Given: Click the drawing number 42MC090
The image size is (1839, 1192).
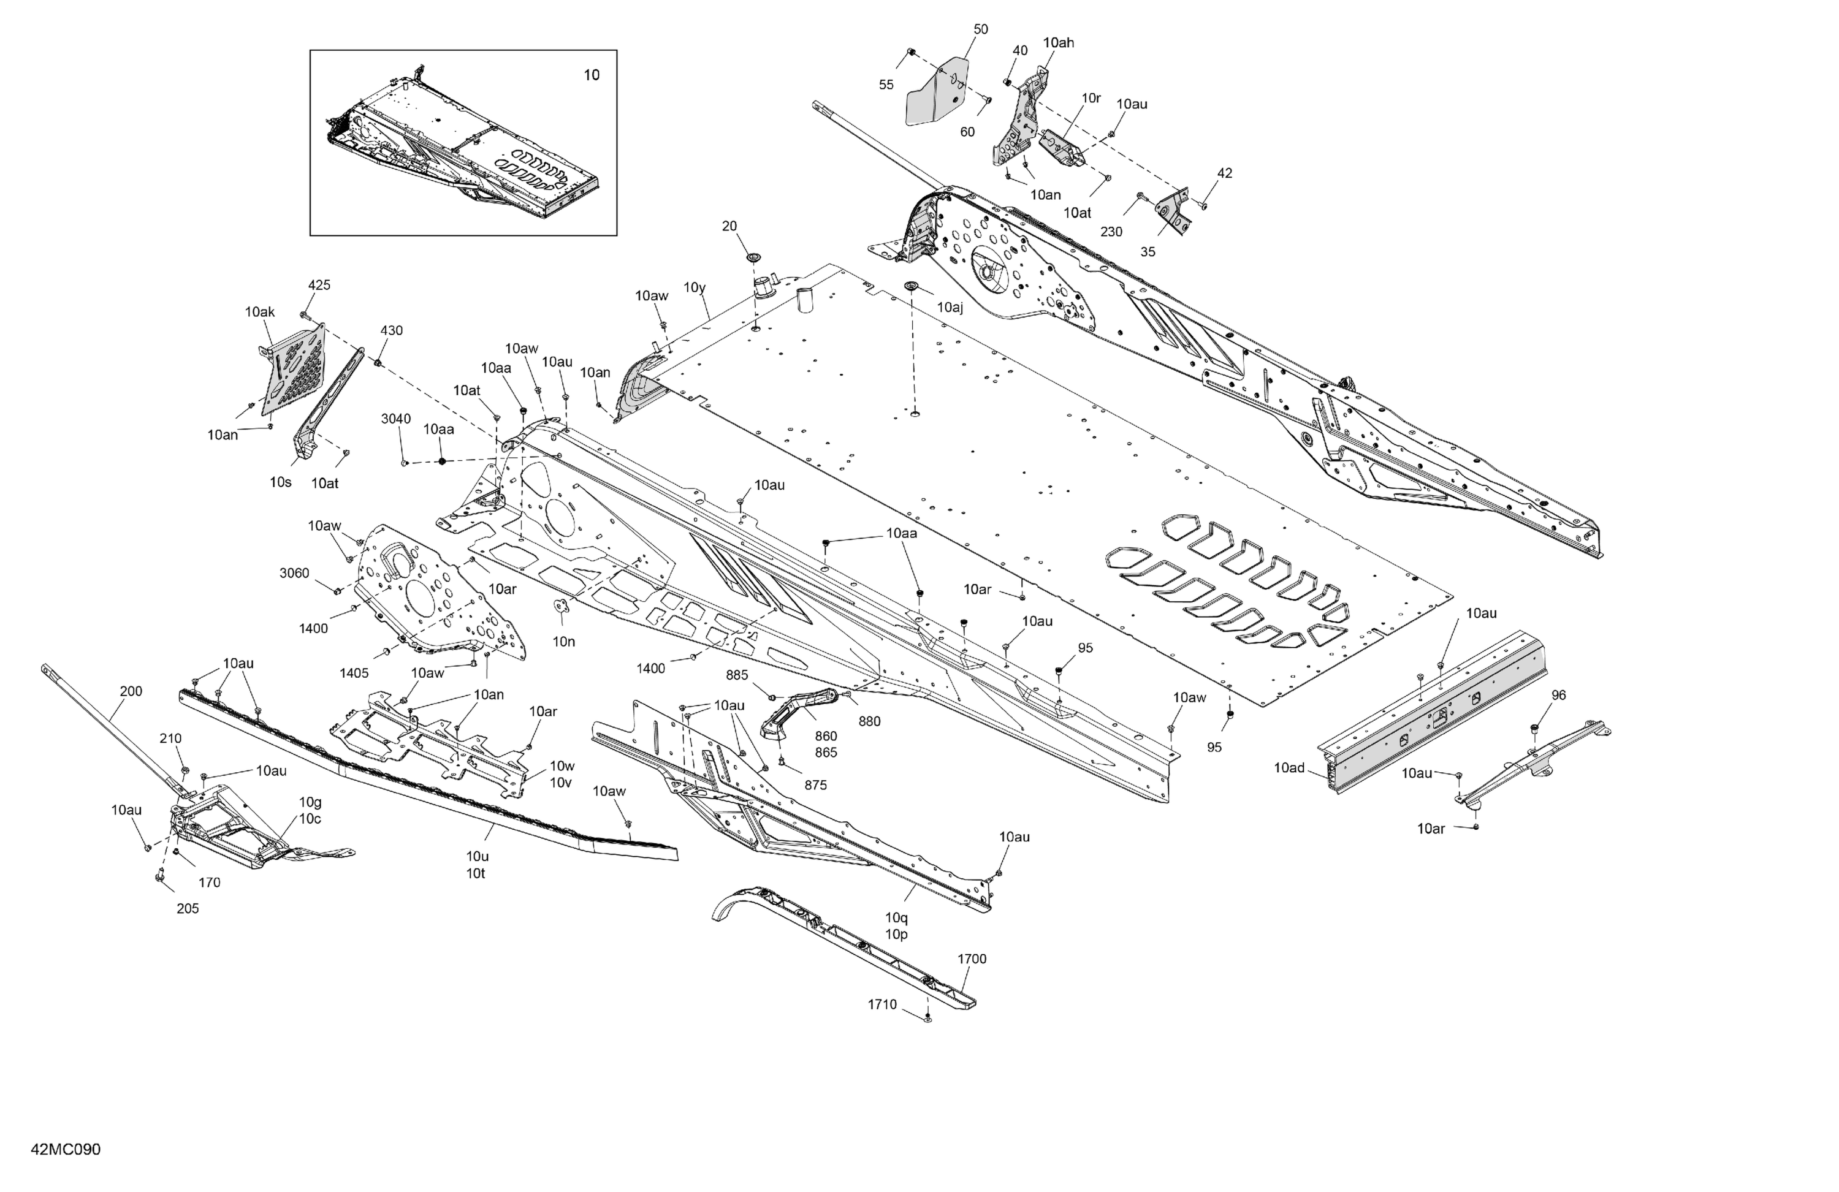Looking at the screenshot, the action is (x=66, y=1150).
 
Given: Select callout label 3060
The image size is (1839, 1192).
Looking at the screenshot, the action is (x=294, y=573).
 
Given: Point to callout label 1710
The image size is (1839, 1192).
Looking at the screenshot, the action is (x=882, y=1004).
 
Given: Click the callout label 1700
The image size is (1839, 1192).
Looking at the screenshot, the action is (x=972, y=959).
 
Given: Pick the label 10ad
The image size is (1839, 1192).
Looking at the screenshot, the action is (x=1289, y=768).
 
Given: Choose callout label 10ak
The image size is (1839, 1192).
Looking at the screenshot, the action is (x=260, y=312).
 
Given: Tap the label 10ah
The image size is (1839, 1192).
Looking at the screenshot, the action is (x=1059, y=42).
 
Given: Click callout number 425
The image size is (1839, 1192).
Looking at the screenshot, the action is (x=319, y=285).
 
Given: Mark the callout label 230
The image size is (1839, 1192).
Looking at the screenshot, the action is (x=1111, y=232).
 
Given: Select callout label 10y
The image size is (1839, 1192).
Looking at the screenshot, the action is (x=695, y=287).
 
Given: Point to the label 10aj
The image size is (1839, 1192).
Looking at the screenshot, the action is (x=950, y=308).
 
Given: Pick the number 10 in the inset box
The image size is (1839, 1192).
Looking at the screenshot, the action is (x=591, y=75).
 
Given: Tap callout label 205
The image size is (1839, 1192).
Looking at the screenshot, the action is (x=188, y=908).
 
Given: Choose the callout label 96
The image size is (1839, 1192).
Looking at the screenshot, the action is (x=1558, y=695).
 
